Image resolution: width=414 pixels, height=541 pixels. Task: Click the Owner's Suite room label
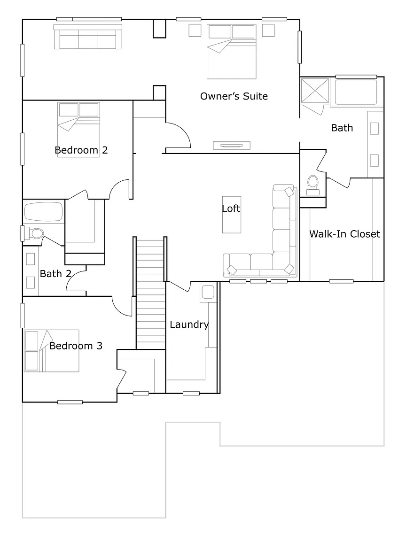click(234, 96)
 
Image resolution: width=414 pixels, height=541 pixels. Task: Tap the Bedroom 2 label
click(81, 150)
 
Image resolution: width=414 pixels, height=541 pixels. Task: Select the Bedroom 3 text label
click(76, 346)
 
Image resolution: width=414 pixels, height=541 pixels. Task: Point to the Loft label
click(231, 209)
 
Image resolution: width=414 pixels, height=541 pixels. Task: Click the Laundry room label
click(189, 325)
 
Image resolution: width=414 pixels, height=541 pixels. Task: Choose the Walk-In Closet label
click(344, 234)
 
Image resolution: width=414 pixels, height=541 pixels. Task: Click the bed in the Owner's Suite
click(232, 52)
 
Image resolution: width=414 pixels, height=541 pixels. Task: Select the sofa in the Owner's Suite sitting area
click(87, 37)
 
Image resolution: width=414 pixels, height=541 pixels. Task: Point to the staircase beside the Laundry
click(150, 294)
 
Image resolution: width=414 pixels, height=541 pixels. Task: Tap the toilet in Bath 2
click(35, 233)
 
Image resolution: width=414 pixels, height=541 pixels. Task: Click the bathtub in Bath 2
click(43, 212)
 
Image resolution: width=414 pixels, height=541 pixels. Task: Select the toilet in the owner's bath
click(312, 185)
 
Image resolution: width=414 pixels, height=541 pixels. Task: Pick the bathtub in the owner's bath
click(356, 92)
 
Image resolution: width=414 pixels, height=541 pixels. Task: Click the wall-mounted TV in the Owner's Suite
click(231, 146)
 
